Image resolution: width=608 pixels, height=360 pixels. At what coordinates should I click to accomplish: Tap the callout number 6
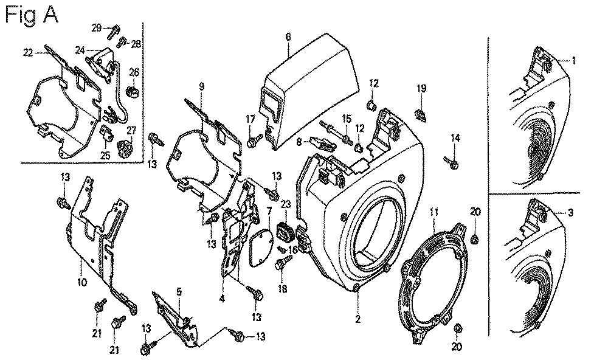point(289,37)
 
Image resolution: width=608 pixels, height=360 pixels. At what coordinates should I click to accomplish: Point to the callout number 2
point(358,319)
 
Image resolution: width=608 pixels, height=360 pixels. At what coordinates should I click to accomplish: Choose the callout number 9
point(201,86)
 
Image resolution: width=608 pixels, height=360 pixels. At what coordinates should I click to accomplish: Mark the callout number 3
point(571,212)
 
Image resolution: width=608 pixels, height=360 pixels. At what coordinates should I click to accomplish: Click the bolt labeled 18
point(282,264)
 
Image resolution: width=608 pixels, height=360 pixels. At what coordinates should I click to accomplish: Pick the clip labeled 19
point(420,113)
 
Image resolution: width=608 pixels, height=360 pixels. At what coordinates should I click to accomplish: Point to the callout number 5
point(179,291)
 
